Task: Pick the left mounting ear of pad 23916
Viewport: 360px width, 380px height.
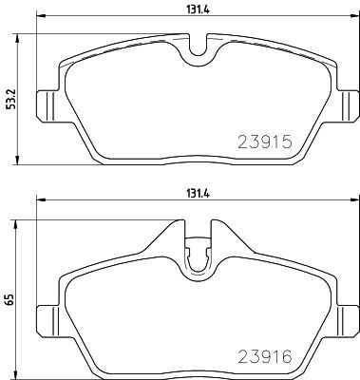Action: (x=44, y=317)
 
